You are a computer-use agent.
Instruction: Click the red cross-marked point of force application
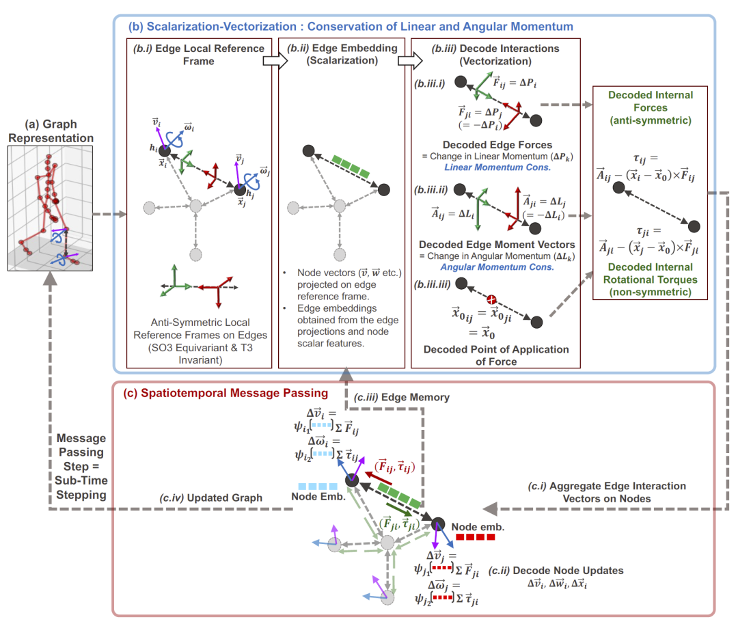click(490, 300)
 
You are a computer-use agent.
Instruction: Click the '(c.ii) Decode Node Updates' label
click(569, 570)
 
